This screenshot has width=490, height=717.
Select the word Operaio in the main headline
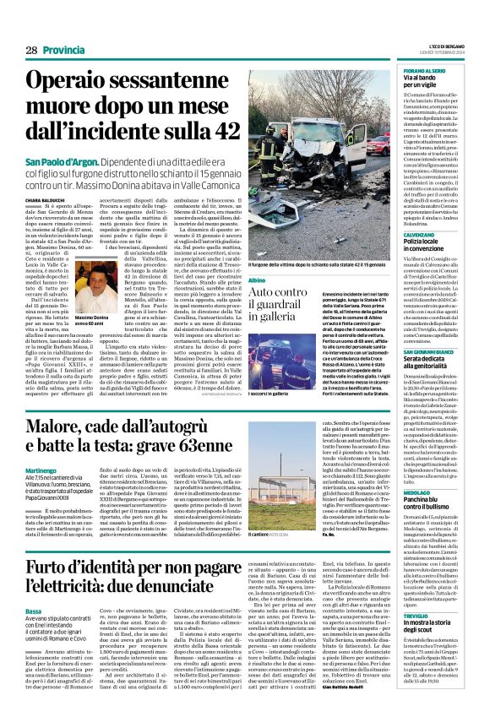pyautogui.click(x=89, y=82)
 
